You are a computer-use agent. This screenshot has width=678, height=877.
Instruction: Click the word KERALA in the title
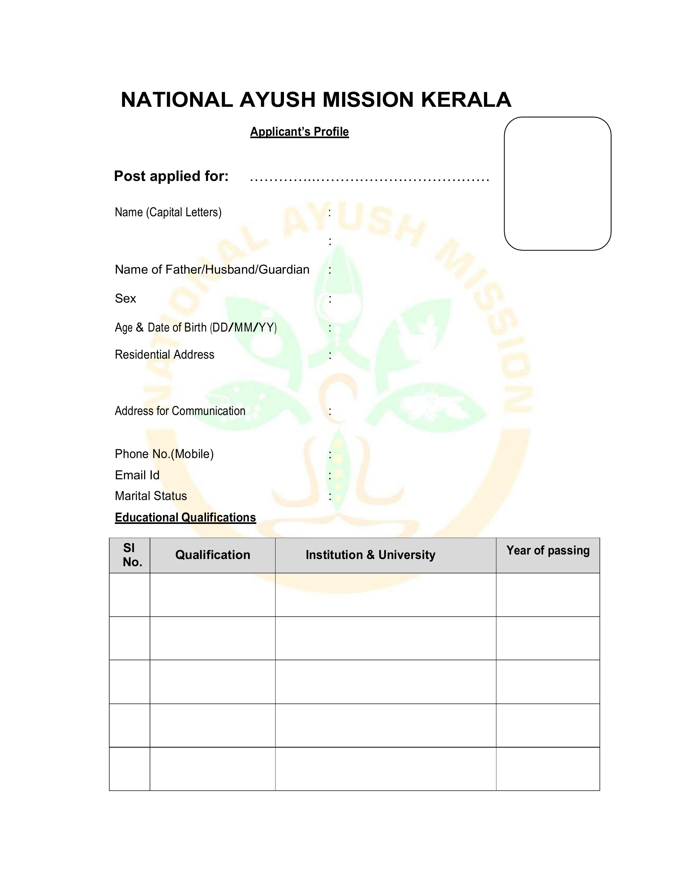[466, 100]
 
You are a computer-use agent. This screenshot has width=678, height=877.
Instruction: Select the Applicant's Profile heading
[299, 132]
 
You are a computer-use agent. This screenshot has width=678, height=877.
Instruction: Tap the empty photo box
[558, 184]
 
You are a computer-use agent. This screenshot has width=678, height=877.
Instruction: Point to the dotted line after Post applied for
[369, 179]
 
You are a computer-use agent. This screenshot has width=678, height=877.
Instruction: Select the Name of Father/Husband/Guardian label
[212, 269]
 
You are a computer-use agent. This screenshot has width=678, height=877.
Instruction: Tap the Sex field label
[125, 298]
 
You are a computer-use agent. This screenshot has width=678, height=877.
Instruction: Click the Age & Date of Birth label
[196, 328]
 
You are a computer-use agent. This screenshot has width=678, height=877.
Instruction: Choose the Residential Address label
[164, 355]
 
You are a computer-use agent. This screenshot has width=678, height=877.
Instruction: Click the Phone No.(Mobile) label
[164, 454]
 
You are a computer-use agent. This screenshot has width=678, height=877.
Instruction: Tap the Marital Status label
[151, 496]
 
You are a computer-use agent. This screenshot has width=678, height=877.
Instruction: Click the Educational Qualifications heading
[185, 518]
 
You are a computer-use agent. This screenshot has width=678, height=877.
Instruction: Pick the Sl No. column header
[130, 555]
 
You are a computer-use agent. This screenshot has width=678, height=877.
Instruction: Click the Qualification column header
[213, 555]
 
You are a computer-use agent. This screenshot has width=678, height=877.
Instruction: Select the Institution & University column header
[370, 555]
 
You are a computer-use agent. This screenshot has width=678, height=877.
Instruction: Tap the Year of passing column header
[548, 550]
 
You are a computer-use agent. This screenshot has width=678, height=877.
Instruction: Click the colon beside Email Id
[330, 476]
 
